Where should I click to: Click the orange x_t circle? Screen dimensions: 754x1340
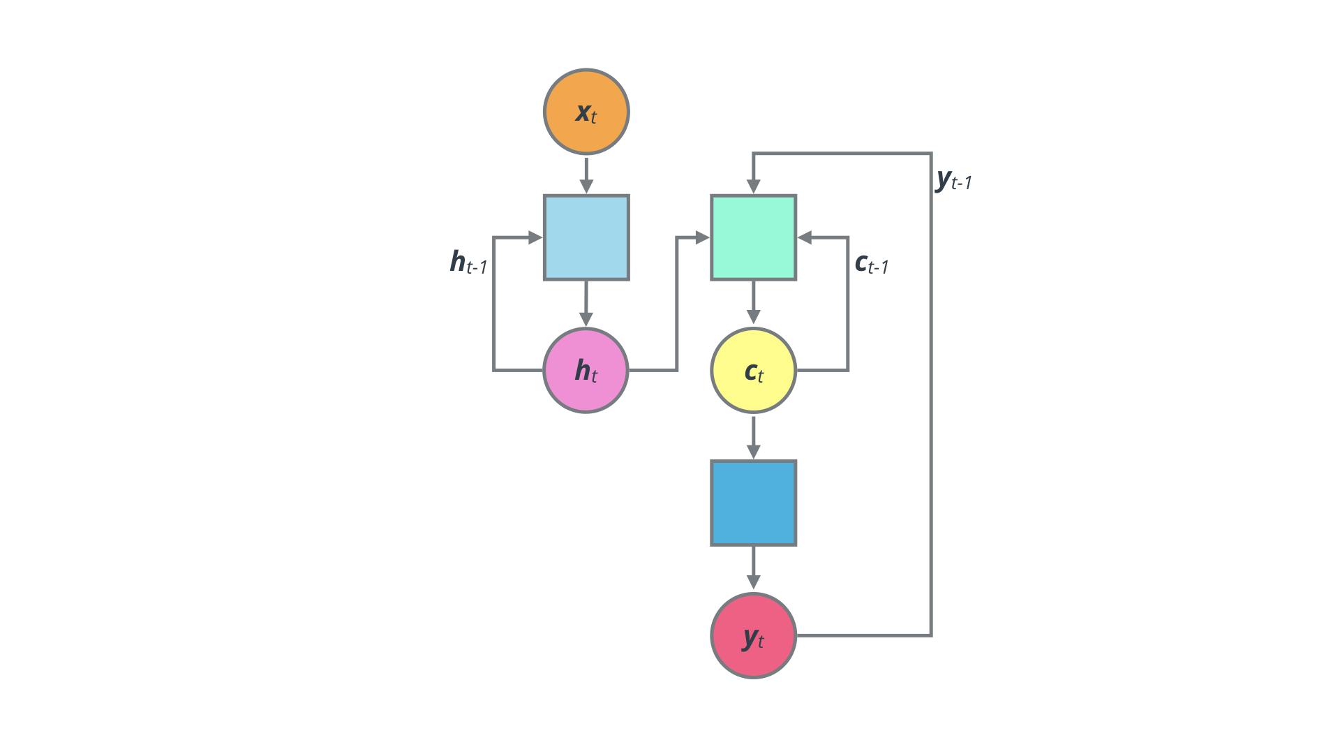pyautogui.click(x=586, y=112)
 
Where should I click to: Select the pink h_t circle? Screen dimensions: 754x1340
pyautogui.click(x=586, y=370)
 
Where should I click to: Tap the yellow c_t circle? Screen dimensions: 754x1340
pyautogui.click(x=754, y=370)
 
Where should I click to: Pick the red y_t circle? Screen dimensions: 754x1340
pyautogui.click(x=754, y=635)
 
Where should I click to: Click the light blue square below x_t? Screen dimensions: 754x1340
pyautogui.click(x=586, y=237)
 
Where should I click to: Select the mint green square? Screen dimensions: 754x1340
pyautogui.click(x=754, y=237)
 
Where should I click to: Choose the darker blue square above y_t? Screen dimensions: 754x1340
pyautogui.click(x=754, y=503)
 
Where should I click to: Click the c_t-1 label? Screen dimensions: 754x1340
pyautogui.click(x=871, y=264)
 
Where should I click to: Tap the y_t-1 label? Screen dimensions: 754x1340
pyautogui.click(x=953, y=180)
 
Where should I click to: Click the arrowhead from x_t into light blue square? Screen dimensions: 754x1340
pyautogui.click(x=586, y=186)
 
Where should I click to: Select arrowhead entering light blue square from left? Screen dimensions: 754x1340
pyautogui.click(x=535, y=237)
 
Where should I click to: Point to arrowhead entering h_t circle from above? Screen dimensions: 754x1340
pyautogui.click(x=586, y=319)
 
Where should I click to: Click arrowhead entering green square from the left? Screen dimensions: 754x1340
pyautogui.click(x=702, y=237)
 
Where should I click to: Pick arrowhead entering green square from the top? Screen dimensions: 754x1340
pyautogui.click(x=754, y=186)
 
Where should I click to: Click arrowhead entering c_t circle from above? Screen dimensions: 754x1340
pyautogui.click(x=754, y=317)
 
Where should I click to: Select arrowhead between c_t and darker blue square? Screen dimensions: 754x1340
pyautogui.click(x=754, y=451)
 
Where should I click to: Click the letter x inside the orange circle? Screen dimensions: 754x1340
pyautogui.click(x=583, y=112)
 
